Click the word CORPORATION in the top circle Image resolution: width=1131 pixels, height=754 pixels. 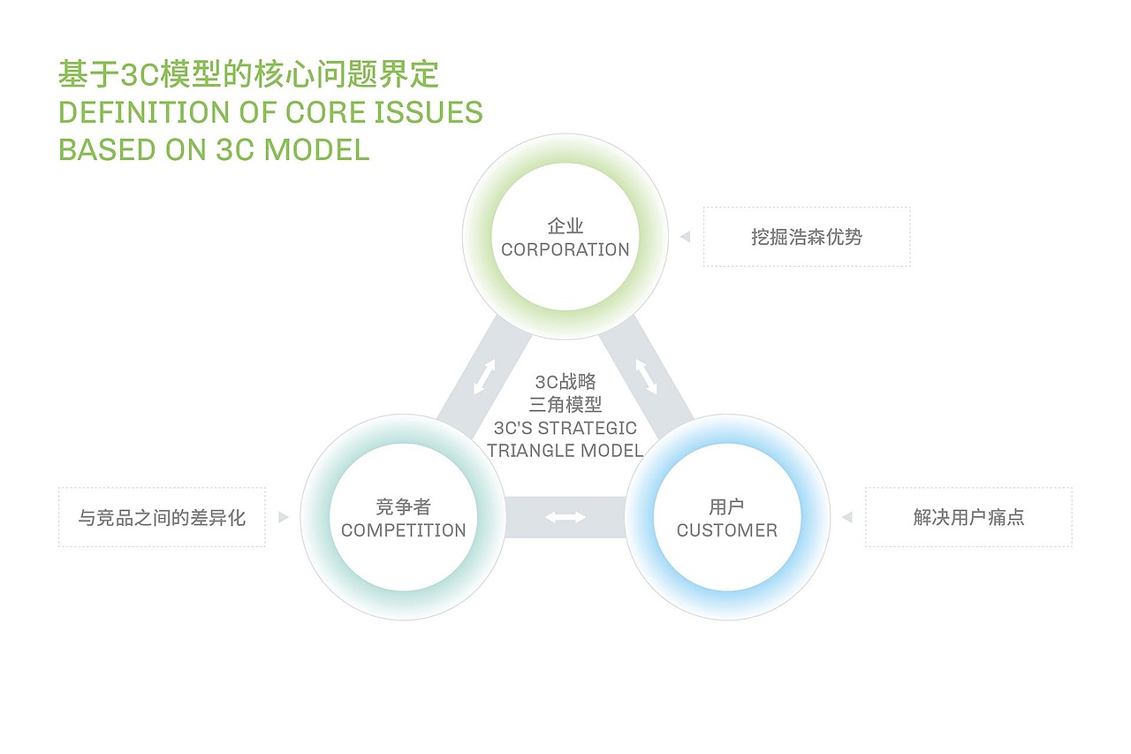[565, 250]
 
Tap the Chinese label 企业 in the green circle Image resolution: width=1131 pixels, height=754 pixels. [565, 227]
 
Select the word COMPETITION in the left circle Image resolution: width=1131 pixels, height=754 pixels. [403, 530]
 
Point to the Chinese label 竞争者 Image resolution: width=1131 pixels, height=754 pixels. [403, 507]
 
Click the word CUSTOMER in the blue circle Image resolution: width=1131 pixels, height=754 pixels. [726, 530]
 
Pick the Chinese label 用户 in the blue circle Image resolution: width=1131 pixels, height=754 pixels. [726, 507]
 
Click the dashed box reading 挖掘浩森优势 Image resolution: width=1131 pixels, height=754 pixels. [806, 237]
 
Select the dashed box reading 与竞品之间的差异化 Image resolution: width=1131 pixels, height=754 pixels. [162, 517]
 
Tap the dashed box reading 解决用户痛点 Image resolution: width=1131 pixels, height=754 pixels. [968, 517]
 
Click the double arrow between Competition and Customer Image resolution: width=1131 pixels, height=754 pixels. [565, 517]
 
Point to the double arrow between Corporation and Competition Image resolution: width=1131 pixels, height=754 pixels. [484, 376]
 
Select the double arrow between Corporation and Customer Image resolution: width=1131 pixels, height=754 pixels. [647, 376]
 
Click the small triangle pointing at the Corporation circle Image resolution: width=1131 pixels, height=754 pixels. [685, 237]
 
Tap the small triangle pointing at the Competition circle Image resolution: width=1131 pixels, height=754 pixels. [284, 517]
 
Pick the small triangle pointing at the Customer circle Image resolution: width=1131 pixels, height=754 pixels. [846, 517]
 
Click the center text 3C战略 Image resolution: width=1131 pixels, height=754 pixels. [565, 383]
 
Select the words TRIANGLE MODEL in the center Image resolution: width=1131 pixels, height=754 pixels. [565, 451]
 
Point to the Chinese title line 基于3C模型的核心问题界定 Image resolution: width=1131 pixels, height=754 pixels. [248, 75]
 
